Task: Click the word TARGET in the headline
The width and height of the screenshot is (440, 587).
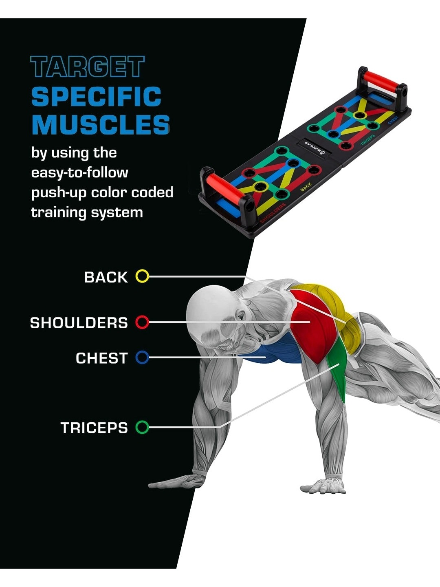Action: [88, 67]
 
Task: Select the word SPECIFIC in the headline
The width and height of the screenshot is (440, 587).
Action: [97, 97]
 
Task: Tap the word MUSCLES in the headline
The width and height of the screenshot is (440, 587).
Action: [101, 124]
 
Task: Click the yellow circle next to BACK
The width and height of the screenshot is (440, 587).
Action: [142, 276]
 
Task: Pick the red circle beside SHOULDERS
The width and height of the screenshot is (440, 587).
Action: [142, 322]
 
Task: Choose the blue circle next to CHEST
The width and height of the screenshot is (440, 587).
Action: [142, 357]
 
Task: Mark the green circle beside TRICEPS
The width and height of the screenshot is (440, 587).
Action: [142, 427]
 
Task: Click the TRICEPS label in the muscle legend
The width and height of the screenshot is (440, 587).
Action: [94, 428]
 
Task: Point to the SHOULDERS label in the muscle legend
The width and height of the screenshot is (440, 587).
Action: [79, 322]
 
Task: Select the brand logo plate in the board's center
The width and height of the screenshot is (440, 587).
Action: [313, 148]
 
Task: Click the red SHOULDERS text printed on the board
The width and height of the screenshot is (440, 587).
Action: [273, 214]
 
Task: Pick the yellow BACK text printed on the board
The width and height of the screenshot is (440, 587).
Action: [306, 187]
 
